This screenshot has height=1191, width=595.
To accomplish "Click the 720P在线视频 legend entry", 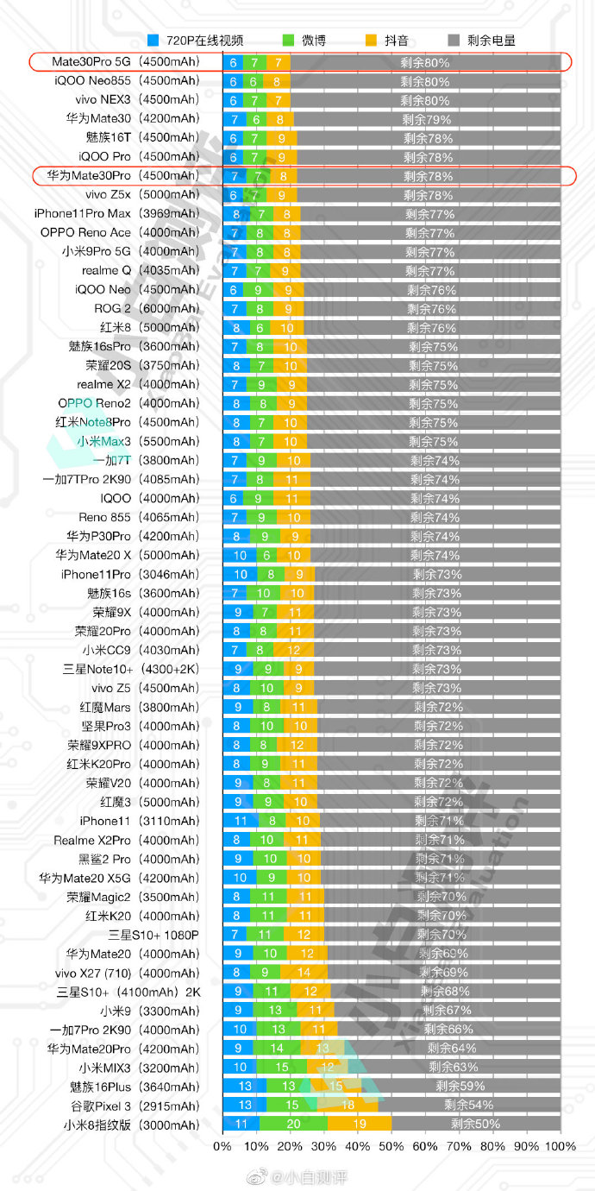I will pos(195,41).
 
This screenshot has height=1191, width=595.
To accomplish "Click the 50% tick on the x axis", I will pos(391,1146).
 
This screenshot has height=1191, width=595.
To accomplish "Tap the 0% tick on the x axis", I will pos(222,1146).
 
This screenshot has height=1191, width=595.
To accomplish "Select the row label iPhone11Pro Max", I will pos(116,213).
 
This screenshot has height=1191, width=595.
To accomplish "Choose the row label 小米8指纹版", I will pos(131,1125).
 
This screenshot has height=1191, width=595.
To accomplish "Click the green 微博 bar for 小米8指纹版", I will pos(293,1125).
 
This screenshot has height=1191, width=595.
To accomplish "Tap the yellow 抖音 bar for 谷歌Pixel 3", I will pos(348,1106).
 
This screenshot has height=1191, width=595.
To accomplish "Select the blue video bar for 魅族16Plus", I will pos(245,1087).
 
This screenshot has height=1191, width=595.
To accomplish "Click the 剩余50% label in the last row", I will pos(475,1125).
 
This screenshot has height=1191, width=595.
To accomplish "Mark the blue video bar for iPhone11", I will pos(241,821).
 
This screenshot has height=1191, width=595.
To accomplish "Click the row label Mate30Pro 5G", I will pos(125,62).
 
